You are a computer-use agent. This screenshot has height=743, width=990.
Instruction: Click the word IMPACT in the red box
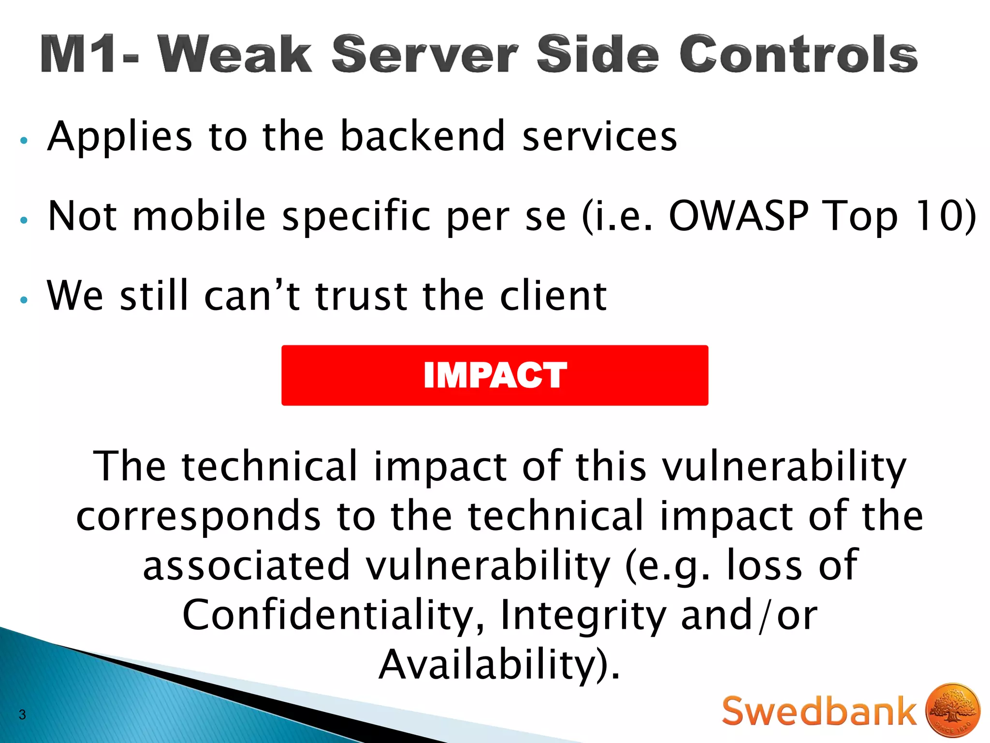point(495,375)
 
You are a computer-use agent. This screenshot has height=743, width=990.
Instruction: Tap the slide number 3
point(22,714)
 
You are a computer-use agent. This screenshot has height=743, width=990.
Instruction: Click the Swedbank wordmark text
point(819,711)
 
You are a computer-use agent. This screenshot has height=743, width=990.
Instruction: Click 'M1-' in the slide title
point(89,54)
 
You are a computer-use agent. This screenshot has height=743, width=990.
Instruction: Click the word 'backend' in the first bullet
point(423,136)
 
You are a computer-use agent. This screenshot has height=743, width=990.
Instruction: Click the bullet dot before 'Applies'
point(24,141)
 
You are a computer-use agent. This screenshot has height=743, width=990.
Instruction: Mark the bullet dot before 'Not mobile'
point(24,221)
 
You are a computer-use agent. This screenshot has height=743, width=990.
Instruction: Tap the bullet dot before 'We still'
point(24,300)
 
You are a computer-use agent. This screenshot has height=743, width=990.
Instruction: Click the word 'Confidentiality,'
point(333,615)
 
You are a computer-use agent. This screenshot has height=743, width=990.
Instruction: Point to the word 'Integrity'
point(582,615)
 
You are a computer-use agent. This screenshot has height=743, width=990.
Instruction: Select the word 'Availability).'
point(499,665)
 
